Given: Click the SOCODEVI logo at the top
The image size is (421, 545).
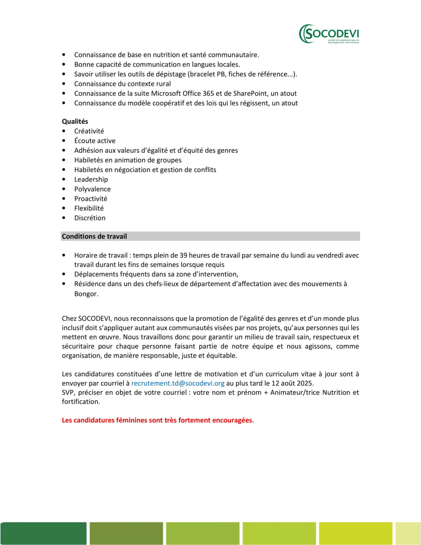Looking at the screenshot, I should (x=329, y=34).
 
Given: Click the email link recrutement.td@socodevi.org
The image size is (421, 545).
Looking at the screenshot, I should (x=178, y=383).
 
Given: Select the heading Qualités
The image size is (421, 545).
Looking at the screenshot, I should (x=75, y=121).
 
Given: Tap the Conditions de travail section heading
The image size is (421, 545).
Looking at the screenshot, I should (x=95, y=236).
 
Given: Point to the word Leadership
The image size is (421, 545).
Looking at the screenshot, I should (x=91, y=179).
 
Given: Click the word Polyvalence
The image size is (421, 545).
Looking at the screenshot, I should (x=92, y=189).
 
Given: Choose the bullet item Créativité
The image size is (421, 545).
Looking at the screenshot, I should (x=89, y=131).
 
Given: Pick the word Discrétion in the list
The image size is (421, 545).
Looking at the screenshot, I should (x=90, y=218).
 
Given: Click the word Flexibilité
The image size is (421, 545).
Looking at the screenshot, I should (x=89, y=208).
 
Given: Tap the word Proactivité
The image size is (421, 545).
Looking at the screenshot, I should (x=91, y=199).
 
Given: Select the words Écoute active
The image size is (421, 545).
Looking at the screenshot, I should (x=95, y=141).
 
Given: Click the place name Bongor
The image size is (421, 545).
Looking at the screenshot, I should (x=86, y=294).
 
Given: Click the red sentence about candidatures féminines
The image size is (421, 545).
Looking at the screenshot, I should (x=158, y=420).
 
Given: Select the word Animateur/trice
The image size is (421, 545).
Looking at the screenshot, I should (x=295, y=393).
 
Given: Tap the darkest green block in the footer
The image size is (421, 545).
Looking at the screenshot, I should (x=43, y=533).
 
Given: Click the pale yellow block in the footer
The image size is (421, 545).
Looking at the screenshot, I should (x=408, y=533).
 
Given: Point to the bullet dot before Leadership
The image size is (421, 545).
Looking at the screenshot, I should (x=64, y=180).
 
